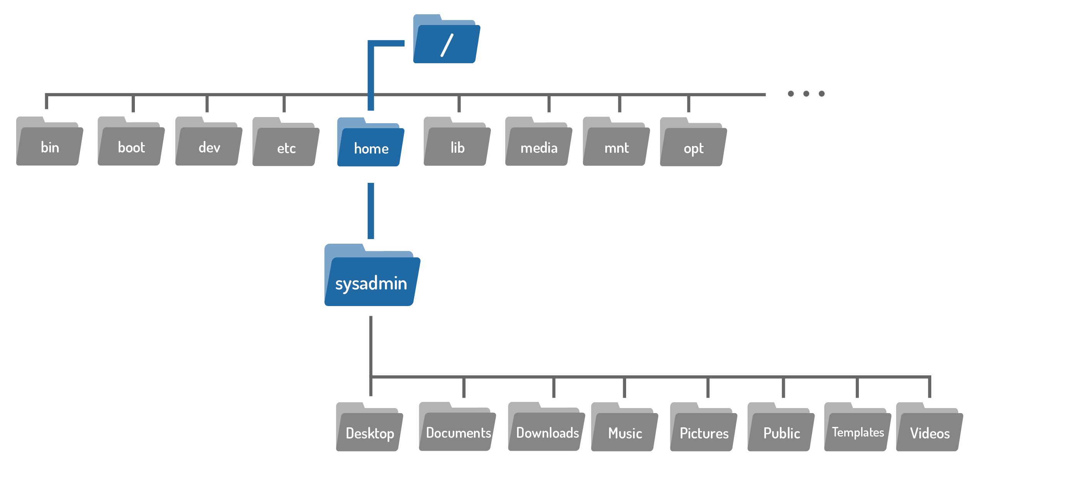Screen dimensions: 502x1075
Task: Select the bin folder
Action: pyautogui.click(x=49, y=144)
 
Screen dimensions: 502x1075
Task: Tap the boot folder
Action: pyautogui.click(x=131, y=144)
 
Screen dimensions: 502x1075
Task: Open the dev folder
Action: pyautogui.click(x=209, y=144)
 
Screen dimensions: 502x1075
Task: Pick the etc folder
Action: pyautogui.click(x=286, y=145)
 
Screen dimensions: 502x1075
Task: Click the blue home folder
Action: pyautogui.click(x=371, y=145)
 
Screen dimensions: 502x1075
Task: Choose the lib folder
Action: pyautogui.click(x=457, y=145)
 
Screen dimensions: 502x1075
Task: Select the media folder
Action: pyautogui.click(x=538, y=145)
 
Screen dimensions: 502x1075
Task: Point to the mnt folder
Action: pyautogui.click(x=616, y=145)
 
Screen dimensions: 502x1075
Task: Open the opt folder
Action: pyautogui.click(x=693, y=145)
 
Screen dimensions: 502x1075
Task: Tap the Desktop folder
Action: pyautogui.click(x=370, y=430)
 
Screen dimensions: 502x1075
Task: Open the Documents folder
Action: pyautogui.click(x=457, y=430)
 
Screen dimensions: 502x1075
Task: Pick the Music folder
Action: pyautogui.click(x=624, y=430)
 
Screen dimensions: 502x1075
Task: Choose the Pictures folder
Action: pyautogui.click(x=704, y=430)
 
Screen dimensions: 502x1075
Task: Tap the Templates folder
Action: pyautogui.click(x=858, y=430)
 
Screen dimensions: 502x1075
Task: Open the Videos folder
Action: pyautogui.click(x=929, y=430)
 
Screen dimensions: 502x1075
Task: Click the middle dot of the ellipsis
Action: pyautogui.click(x=806, y=94)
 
